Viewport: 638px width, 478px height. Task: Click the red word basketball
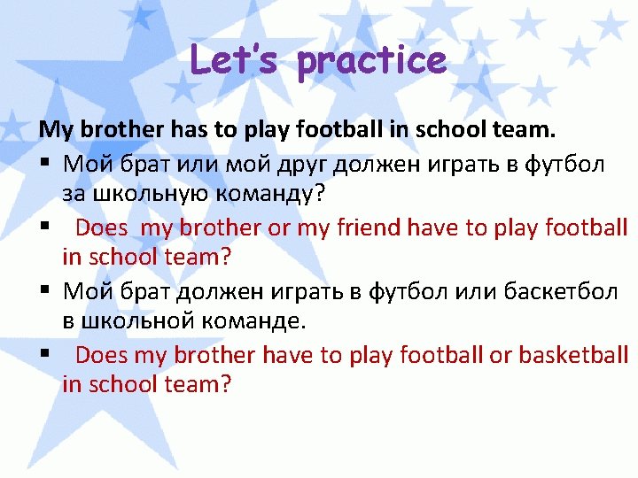pos(572,355)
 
